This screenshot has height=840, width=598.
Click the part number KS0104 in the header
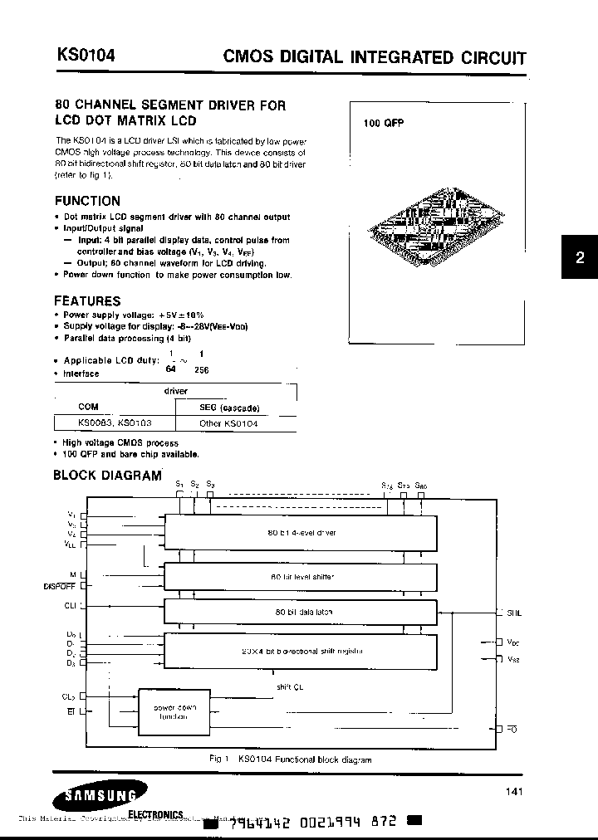86,56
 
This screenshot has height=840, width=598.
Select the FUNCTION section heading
87,201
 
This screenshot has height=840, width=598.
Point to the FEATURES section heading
87,301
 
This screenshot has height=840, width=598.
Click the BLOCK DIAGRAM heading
107,476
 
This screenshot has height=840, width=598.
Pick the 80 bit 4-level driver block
301,532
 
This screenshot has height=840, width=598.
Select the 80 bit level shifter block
301,575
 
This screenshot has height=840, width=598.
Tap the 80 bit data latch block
301,612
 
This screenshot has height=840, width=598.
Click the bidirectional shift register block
301,650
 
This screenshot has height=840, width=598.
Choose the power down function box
174,711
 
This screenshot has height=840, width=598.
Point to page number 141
514,792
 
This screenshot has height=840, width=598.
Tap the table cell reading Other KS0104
228,423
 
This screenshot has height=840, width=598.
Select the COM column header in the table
88,408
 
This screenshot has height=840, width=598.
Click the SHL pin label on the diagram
514,613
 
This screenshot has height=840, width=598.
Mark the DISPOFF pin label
59,586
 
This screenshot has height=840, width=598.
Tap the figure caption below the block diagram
290,759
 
